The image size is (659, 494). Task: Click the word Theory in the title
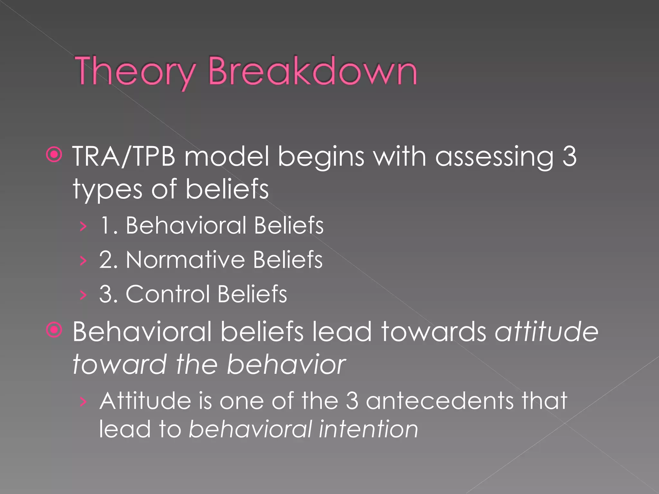click(x=135, y=71)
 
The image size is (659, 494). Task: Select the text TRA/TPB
click(x=124, y=156)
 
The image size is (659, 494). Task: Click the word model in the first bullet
click(x=227, y=156)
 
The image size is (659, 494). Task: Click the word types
click(x=107, y=190)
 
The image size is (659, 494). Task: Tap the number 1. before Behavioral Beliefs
click(x=109, y=225)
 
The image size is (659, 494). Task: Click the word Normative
click(x=185, y=260)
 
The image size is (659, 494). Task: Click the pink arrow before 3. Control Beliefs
click(x=83, y=295)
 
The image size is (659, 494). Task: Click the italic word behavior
click(x=286, y=365)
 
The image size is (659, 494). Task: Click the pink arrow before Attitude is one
click(x=83, y=401)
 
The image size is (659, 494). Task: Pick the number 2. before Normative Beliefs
click(x=108, y=260)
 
